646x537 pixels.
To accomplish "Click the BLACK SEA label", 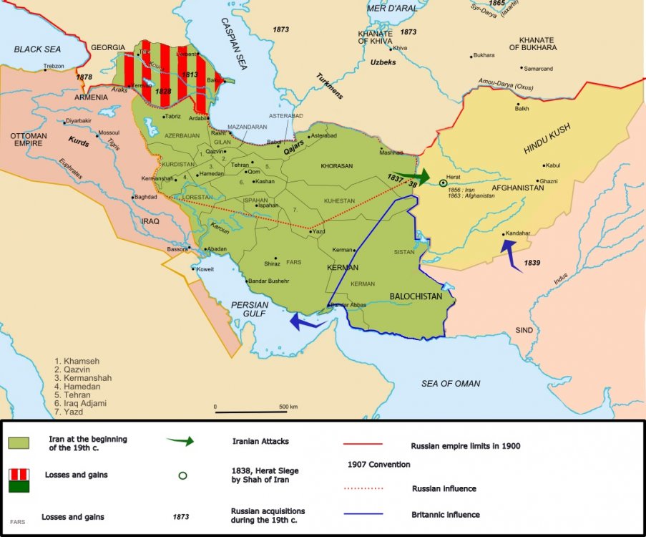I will coord(38,49).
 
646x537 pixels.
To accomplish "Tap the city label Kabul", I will coord(552,165).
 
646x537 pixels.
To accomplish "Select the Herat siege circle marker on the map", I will coord(443,183).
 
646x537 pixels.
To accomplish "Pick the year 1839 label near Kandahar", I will coord(532,263).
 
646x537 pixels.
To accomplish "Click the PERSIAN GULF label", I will coord(250,310).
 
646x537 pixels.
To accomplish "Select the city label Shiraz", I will coord(272,263).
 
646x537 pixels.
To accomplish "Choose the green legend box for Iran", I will coord(19,442).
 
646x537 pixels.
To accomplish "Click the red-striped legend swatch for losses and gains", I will coord(19,475).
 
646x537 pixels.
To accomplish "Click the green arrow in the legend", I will coord(180,442).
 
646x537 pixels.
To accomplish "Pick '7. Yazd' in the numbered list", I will coord(69,412).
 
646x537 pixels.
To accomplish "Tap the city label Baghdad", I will coord(145,197).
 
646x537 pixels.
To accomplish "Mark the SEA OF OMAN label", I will coord(450,384).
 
